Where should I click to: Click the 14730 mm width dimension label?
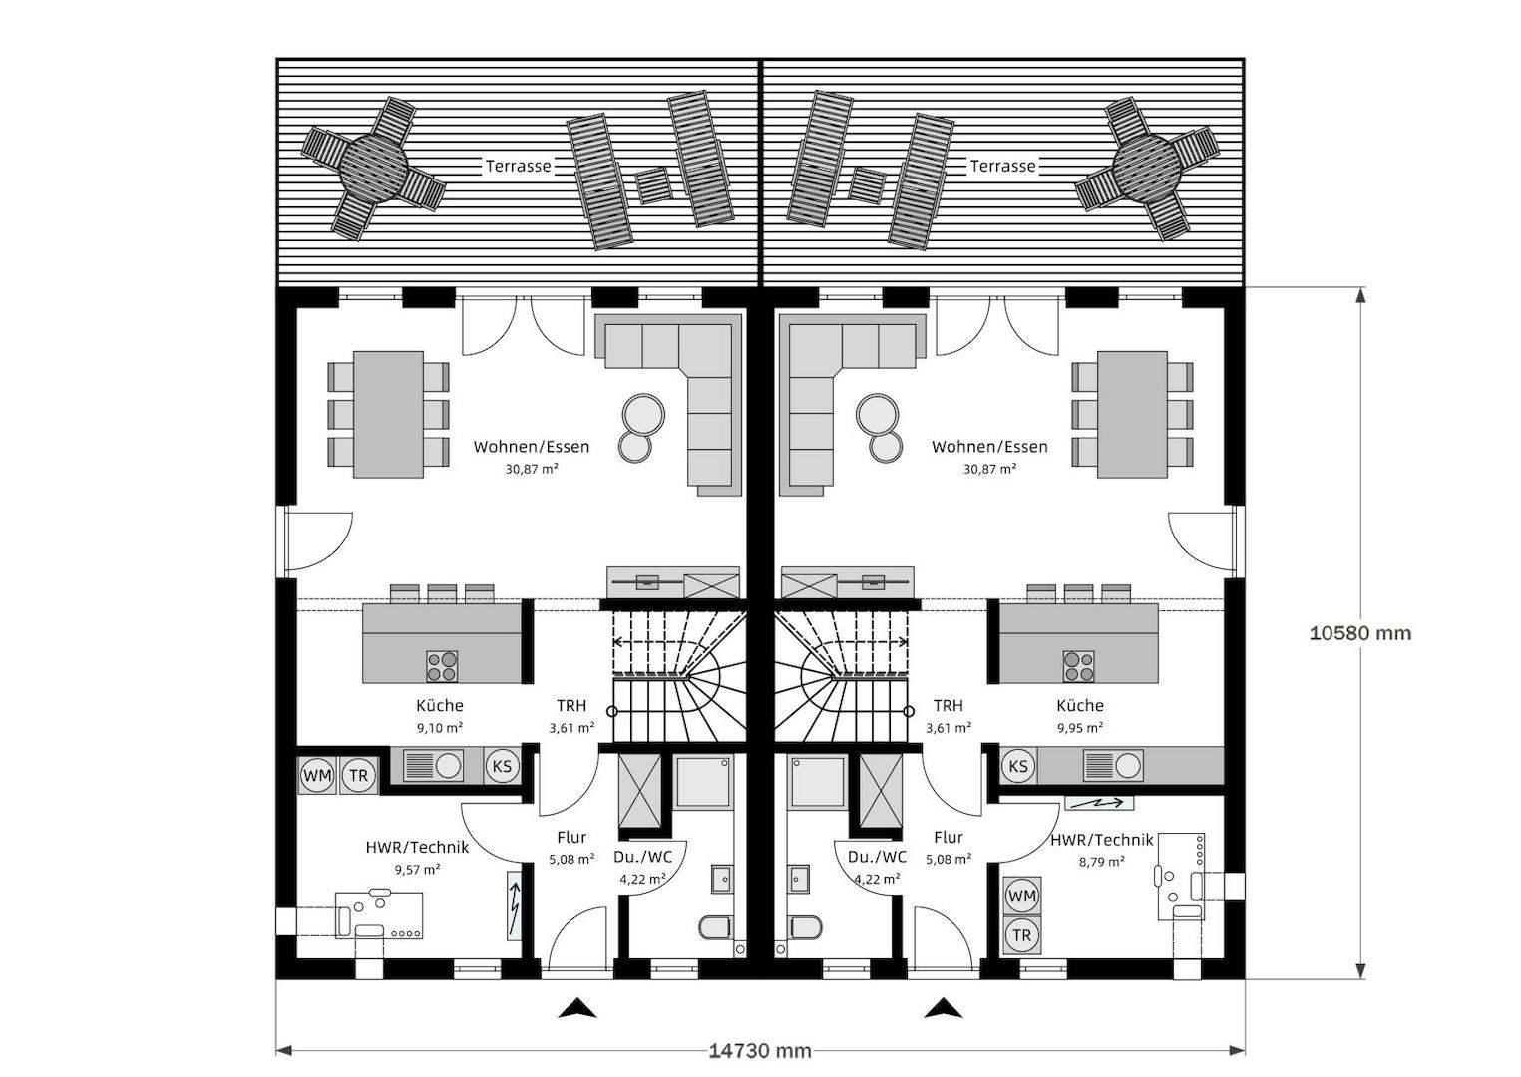click(x=760, y=1051)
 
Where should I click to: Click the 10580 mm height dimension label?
click(x=1360, y=633)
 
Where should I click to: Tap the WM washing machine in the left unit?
click(x=317, y=776)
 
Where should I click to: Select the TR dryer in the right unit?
click(x=1022, y=935)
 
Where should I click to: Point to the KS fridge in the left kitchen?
click(x=502, y=766)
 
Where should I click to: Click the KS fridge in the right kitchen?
click(x=1018, y=766)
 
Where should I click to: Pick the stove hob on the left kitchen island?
click(x=442, y=666)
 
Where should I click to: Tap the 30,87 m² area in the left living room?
click(x=532, y=469)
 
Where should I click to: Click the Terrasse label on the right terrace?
click(x=1003, y=166)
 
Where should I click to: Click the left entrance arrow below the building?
click(x=577, y=1008)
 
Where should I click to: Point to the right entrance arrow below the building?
click(x=944, y=1008)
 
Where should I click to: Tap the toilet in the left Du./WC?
click(x=714, y=926)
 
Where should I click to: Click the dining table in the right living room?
click(x=1133, y=414)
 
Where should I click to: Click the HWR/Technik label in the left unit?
click(x=417, y=847)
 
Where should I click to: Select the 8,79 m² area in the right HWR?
click(x=1101, y=862)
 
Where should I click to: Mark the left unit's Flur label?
click(x=571, y=838)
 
